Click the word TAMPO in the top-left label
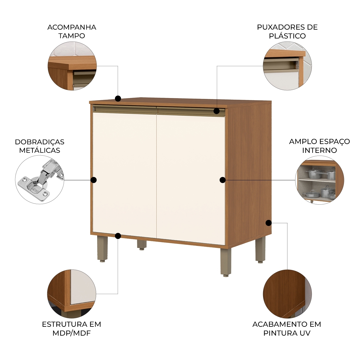coord(72,36)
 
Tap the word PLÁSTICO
coord(287,36)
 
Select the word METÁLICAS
coord(40,150)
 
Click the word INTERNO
coord(320,150)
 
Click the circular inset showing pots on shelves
coord(320,180)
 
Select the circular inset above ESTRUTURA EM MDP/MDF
coord(71,294)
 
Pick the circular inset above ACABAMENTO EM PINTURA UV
coord(287,294)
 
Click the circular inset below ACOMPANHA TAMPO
coord(72,66)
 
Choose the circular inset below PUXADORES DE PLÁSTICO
coord(287,66)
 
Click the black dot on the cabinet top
coord(118,99)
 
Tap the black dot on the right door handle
coord(217,111)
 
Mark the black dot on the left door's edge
coord(94,180)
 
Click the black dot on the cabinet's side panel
coord(269,223)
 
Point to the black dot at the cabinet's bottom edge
coord(118,236)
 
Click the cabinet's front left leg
coord(102,249)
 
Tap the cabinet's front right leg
coord(226,261)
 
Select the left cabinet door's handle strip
coord(125,109)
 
